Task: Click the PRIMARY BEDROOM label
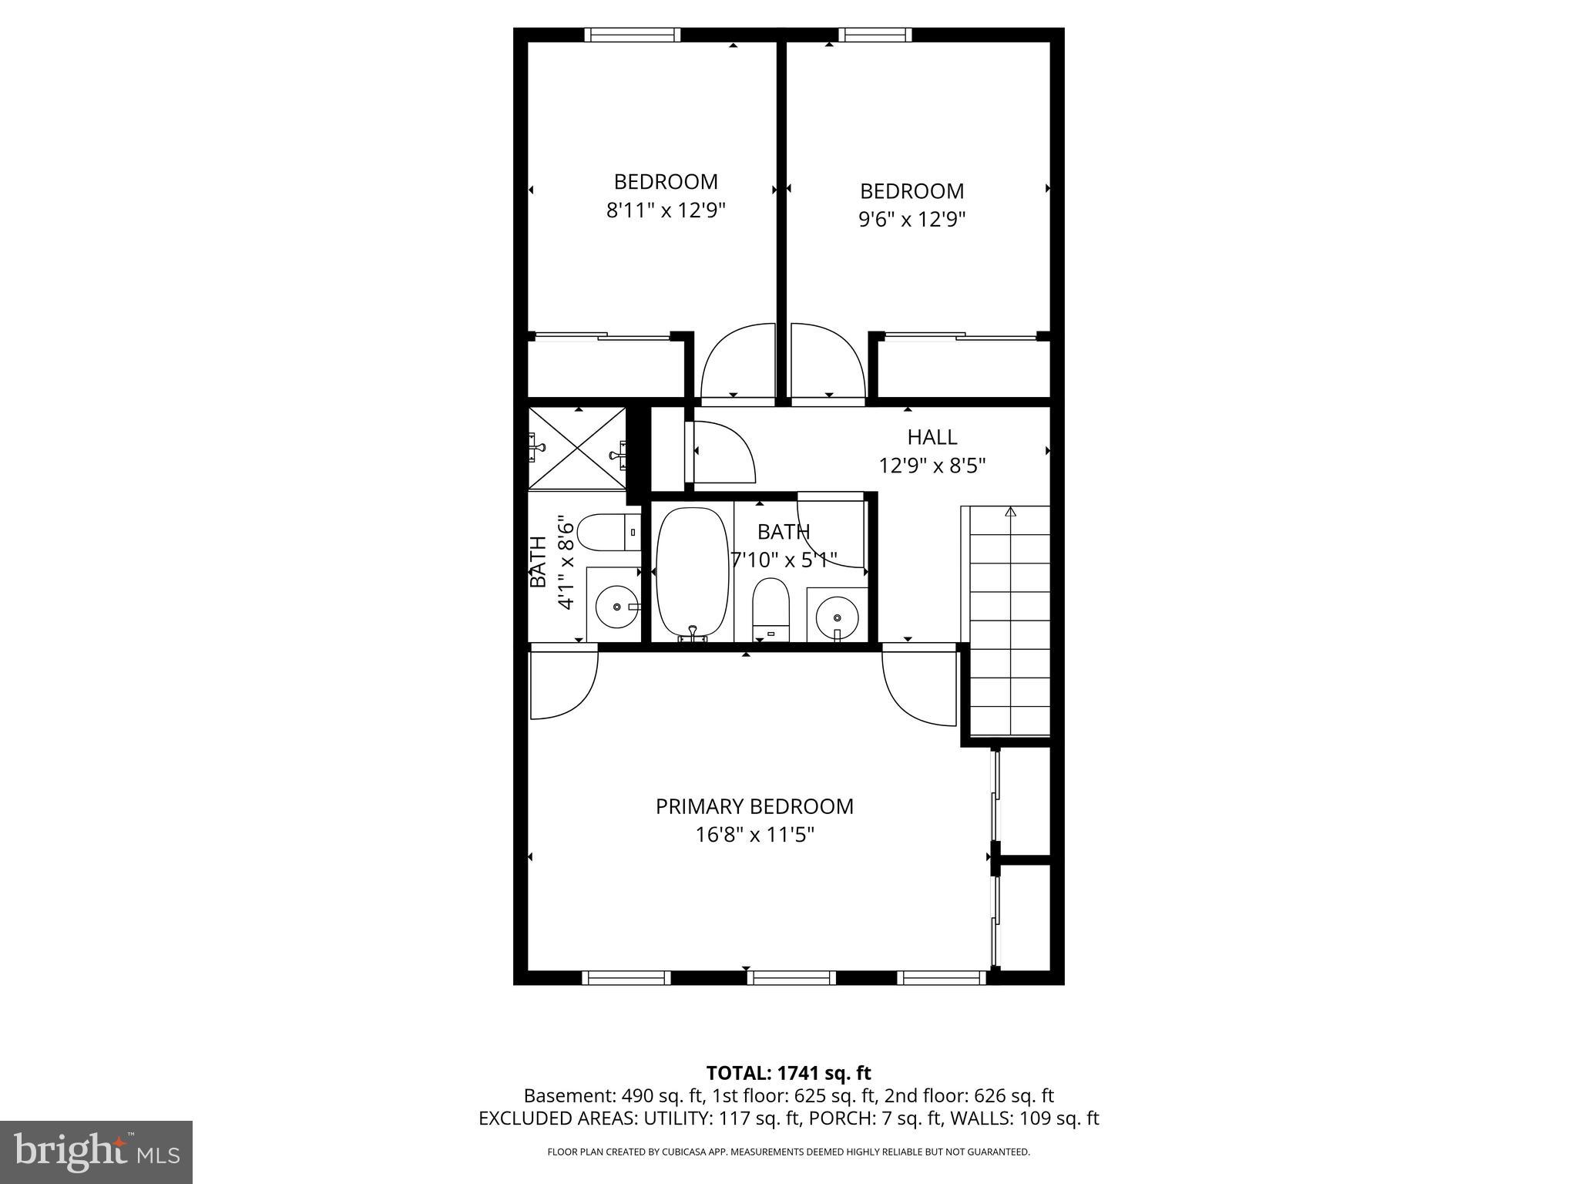click(x=754, y=806)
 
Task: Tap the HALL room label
click(x=932, y=437)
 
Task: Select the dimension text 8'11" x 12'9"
click(x=666, y=210)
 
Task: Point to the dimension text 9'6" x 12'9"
click(x=912, y=220)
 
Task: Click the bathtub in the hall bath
click(x=692, y=572)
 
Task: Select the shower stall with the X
click(x=577, y=448)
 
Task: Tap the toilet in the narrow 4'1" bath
click(x=608, y=532)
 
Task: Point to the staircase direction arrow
click(x=1011, y=512)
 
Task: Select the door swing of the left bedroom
click(x=736, y=362)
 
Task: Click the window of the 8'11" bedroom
click(x=633, y=35)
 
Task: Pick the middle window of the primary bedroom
click(x=791, y=977)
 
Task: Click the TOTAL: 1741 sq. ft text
click(x=788, y=1073)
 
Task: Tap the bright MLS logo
click(x=96, y=1152)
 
